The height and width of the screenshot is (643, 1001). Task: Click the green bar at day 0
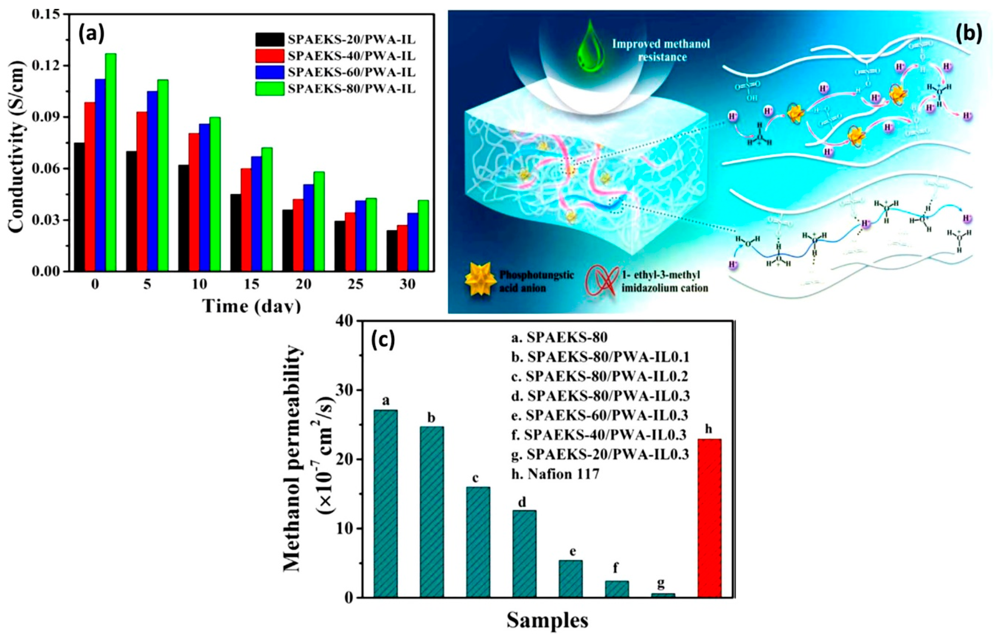[111, 163]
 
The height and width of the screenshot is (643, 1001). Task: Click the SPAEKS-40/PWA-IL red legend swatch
[270, 56]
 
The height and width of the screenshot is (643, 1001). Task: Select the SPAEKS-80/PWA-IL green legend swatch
[270, 89]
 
